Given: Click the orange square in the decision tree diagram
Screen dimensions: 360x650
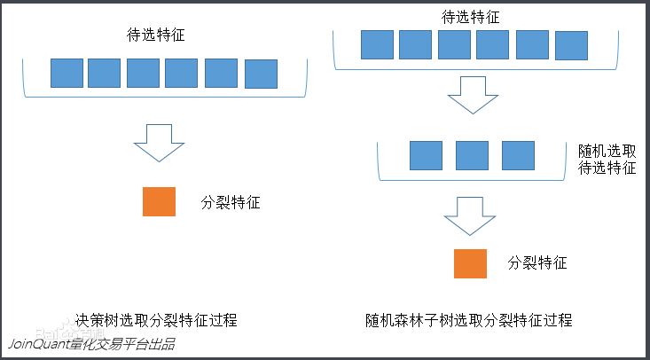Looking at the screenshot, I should tap(160, 202).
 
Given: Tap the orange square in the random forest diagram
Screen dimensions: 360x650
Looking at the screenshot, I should tap(470, 262).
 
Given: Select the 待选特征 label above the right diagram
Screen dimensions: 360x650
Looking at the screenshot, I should tap(470, 17).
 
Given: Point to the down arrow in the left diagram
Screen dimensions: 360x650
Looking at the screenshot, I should tap(159, 142).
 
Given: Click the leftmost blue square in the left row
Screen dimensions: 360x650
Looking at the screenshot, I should tap(67, 73).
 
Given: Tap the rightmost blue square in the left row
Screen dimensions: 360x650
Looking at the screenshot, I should tap(261, 73).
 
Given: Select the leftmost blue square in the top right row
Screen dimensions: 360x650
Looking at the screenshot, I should tap(377, 44).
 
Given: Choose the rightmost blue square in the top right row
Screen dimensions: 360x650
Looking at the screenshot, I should tap(571, 44).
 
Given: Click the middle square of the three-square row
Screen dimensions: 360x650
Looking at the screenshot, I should tap(472, 155).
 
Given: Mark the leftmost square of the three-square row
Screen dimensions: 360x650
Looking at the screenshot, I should tap(426, 155).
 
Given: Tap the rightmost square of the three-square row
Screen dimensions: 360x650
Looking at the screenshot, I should tap(518, 155).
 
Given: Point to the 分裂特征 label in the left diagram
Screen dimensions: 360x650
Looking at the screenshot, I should tap(231, 203).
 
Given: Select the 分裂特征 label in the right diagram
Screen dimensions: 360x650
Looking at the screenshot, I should tap(537, 262).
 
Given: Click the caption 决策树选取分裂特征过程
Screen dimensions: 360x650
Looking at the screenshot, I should tap(156, 319).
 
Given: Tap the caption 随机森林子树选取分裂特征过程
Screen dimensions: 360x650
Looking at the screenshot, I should tap(469, 319).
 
